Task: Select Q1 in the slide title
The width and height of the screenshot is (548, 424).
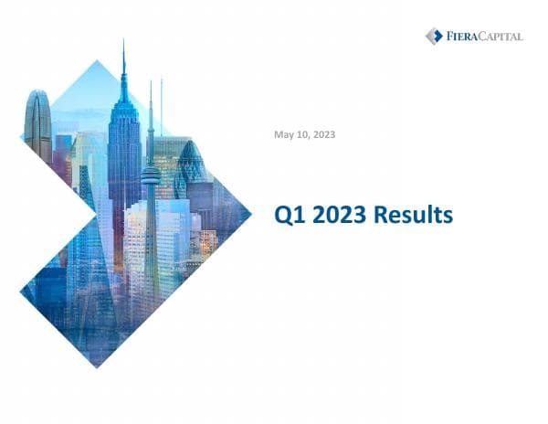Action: coord(290,217)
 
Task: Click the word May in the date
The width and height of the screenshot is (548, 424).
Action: coord(284,135)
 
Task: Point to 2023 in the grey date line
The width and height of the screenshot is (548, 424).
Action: coord(322,135)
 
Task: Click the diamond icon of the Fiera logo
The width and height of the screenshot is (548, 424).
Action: coord(434,36)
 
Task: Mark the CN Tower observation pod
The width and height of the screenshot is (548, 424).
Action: coord(151,174)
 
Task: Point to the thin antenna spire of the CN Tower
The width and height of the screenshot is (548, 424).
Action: coord(151,110)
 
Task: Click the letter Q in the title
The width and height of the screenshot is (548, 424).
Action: coord(283,217)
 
